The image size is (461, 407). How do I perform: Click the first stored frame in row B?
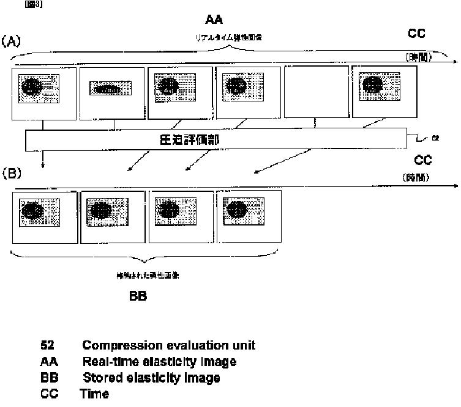(x=45, y=218)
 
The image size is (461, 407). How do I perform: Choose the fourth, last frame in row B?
(x=249, y=218)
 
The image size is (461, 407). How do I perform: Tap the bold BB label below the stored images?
(x=138, y=297)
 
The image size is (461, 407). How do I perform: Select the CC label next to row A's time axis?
(x=416, y=34)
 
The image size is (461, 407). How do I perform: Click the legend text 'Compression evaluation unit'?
(x=168, y=345)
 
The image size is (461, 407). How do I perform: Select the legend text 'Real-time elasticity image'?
(x=159, y=362)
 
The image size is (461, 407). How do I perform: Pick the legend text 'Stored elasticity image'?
(x=151, y=378)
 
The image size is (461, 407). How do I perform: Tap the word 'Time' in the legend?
(x=94, y=394)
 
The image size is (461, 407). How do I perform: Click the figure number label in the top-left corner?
(x=33, y=4)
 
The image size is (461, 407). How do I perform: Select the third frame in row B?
(x=181, y=218)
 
